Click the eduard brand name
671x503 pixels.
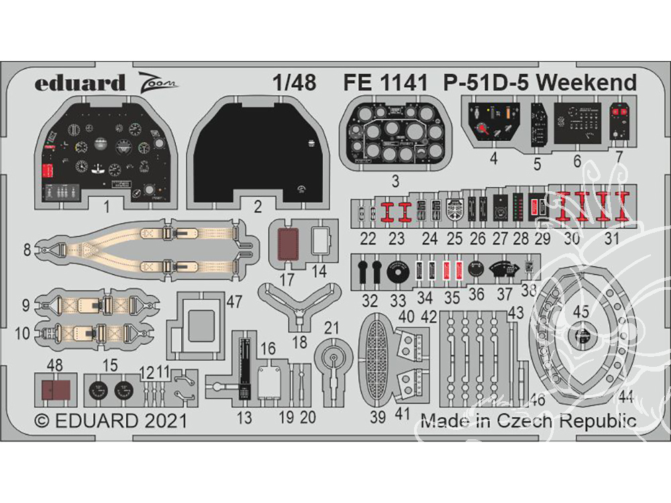80,82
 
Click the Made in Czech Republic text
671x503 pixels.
528,421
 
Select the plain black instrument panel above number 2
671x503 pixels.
258,151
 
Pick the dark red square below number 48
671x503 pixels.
54,391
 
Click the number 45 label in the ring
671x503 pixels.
580,311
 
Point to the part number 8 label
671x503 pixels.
28,250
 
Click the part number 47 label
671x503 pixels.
234,302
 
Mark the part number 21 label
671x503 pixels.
331,327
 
